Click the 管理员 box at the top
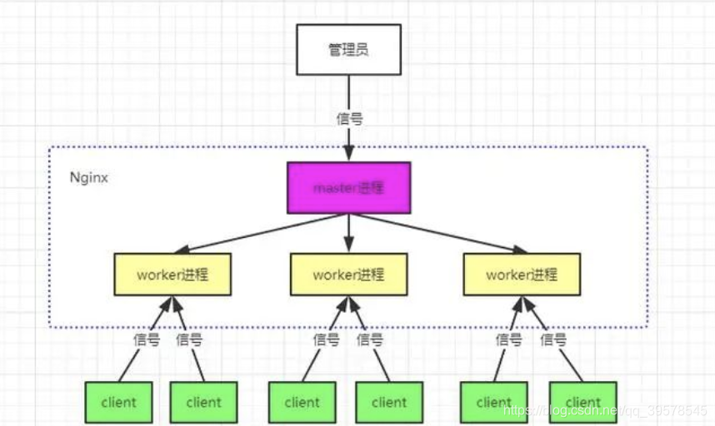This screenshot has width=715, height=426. (348, 50)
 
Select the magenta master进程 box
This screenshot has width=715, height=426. (349, 188)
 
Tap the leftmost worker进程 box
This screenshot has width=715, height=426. (172, 275)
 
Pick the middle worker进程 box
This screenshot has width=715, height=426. (348, 275)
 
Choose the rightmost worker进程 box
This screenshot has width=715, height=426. (522, 275)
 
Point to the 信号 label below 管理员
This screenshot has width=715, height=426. (349, 118)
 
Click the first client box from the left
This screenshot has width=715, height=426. (118, 403)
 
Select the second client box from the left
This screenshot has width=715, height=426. (204, 403)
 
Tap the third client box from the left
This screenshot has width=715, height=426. (302, 403)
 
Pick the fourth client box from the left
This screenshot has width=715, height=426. (389, 403)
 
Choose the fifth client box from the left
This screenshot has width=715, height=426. (493, 403)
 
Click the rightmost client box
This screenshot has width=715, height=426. (582, 403)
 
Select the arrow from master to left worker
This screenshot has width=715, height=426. (258, 233)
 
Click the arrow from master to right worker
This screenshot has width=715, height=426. (437, 233)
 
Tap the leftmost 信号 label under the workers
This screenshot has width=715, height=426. (147, 339)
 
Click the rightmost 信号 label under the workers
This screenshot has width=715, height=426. (553, 339)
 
